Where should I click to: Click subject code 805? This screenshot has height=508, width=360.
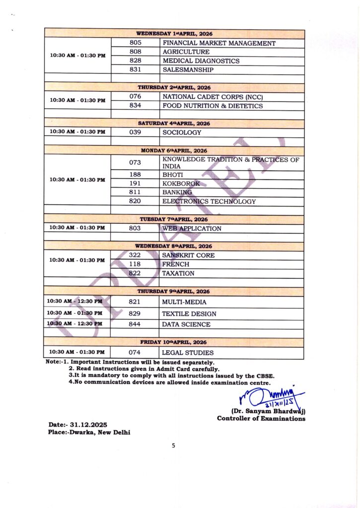[x=136, y=43]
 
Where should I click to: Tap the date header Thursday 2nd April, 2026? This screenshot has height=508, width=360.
[x=174, y=87]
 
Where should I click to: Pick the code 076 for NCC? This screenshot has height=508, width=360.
[x=135, y=97]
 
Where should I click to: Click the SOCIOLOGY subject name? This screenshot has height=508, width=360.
[x=182, y=132]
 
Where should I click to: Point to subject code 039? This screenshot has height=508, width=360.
[x=135, y=132]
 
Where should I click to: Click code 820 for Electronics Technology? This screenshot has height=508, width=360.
[x=135, y=201]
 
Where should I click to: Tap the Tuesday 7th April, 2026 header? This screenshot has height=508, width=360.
[x=174, y=219]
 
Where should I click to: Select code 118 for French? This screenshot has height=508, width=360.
[x=135, y=264]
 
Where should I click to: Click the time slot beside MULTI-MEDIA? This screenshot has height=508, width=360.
[x=74, y=301]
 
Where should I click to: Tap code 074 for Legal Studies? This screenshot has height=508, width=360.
[x=135, y=353]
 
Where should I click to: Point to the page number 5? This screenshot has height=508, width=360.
[x=173, y=445]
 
